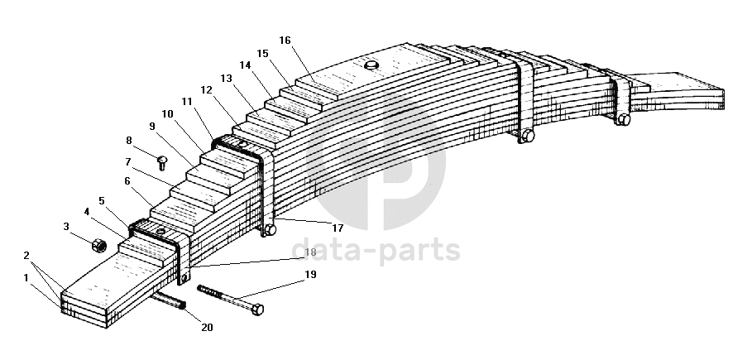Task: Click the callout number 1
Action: [26, 277]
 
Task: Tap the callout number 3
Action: [66, 226]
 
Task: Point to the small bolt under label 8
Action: [162, 158]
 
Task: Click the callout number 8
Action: [129, 141]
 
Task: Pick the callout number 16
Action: [285, 40]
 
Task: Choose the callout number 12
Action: [207, 89]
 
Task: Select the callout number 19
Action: [309, 275]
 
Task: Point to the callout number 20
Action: [207, 327]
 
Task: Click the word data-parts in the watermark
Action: [376, 249]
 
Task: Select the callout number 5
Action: [101, 200]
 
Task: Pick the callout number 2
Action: [26, 256]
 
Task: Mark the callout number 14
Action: [245, 65]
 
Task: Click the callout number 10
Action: [167, 113]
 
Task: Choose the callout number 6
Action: [127, 181]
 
